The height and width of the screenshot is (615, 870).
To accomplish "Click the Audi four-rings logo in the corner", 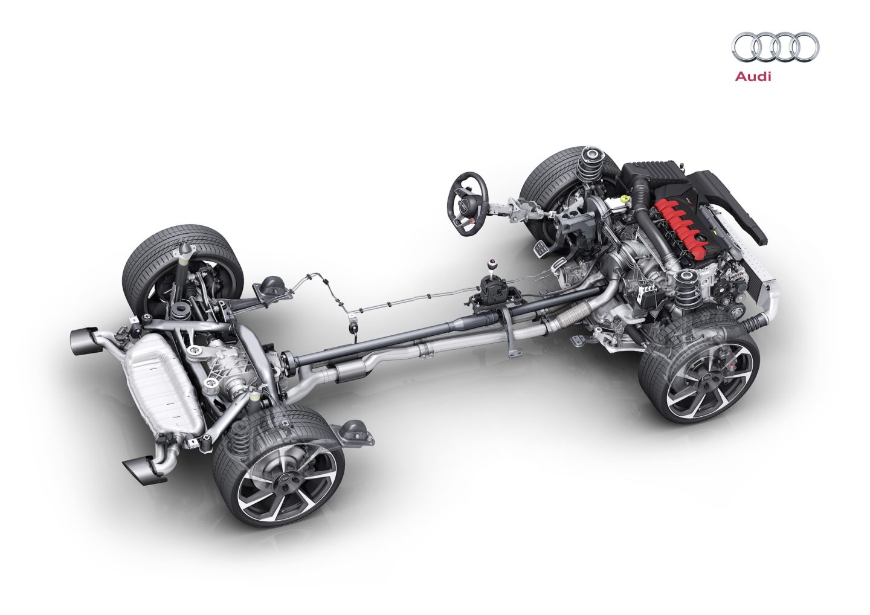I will (x=775, y=47).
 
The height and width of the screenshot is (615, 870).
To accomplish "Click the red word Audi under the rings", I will (x=753, y=77).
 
